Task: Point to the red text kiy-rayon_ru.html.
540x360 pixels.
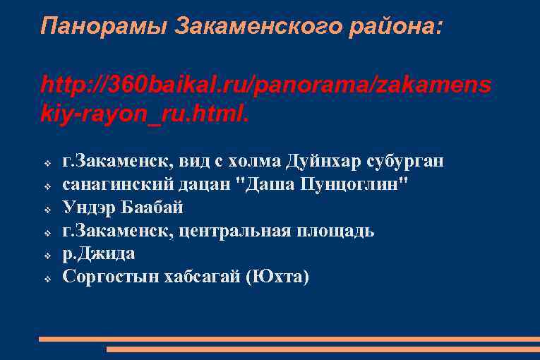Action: click(145, 113)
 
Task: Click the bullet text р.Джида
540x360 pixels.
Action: click(99, 253)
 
